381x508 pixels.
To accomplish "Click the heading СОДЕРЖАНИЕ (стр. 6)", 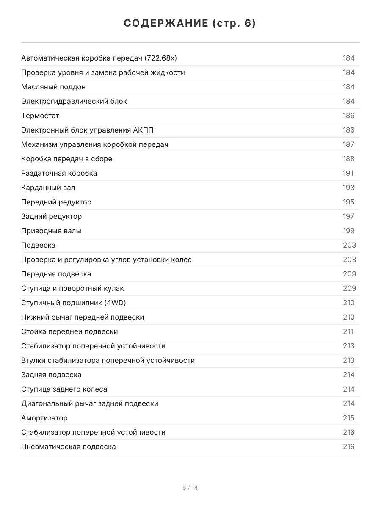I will [190, 24].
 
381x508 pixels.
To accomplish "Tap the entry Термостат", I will [40, 116].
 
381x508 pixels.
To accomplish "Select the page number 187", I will [348, 144].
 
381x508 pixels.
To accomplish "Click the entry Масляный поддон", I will [53, 87].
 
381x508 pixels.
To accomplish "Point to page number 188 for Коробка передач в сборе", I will [348, 159].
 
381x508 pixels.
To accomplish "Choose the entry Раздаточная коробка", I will [59, 173].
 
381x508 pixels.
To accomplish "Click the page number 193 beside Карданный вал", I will [348, 188].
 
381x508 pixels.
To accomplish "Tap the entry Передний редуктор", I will [56, 202].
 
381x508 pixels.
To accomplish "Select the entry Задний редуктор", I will [52, 216].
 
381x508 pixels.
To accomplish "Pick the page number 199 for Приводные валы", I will [348, 231].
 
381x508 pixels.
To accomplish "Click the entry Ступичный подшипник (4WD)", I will [74, 303].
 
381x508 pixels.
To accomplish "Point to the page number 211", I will [348, 331].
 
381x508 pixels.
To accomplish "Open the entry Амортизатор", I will [44, 418].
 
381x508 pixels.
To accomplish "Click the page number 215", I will [348, 418].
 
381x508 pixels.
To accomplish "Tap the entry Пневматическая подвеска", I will [69, 447].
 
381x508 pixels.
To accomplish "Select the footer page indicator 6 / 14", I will [190, 488].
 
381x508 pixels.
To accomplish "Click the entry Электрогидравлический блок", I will [74, 101].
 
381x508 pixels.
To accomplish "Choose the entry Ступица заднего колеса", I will [64, 389].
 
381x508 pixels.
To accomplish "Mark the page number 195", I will [348, 202].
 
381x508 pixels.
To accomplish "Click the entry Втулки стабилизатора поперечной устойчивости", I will [108, 360].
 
